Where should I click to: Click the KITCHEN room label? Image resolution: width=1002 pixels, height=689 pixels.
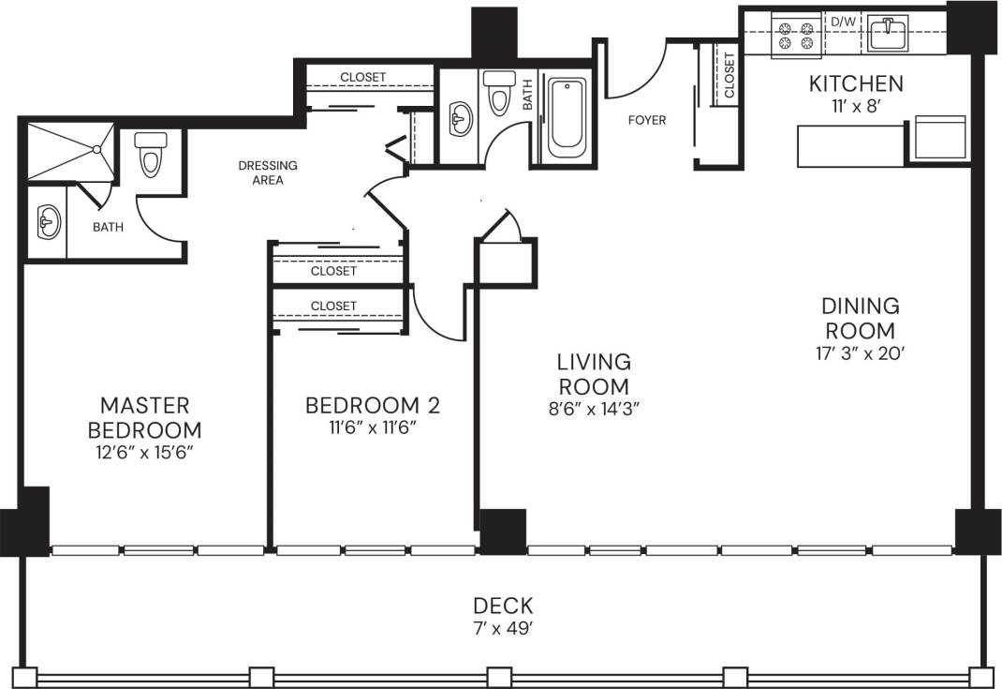tap(856, 83)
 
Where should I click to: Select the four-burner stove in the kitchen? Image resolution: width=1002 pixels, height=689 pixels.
tap(795, 36)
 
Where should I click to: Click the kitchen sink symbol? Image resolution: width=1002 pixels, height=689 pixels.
tap(886, 34)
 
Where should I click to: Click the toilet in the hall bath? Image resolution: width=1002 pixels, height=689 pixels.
tap(498, 92)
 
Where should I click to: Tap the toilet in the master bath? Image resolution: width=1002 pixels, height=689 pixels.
tap(151, 153)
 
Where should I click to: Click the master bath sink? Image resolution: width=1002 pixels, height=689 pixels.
tap(46, 223)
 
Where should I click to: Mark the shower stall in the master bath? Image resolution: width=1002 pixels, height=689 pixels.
tap(69, 151)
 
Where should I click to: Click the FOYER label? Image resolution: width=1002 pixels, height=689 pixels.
tap(647, 120)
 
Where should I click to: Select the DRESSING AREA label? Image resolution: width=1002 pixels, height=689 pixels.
tap(268, 172)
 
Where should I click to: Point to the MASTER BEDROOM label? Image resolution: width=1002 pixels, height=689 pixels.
tap(144, 417)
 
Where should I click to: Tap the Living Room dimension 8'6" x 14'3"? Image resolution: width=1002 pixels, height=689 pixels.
tap(594, 408)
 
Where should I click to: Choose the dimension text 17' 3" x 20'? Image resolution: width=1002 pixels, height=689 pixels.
tap(860, 353)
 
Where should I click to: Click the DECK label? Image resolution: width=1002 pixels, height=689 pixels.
tap(503, 606)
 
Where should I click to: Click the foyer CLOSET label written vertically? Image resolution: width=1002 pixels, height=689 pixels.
tap(729, 75)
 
